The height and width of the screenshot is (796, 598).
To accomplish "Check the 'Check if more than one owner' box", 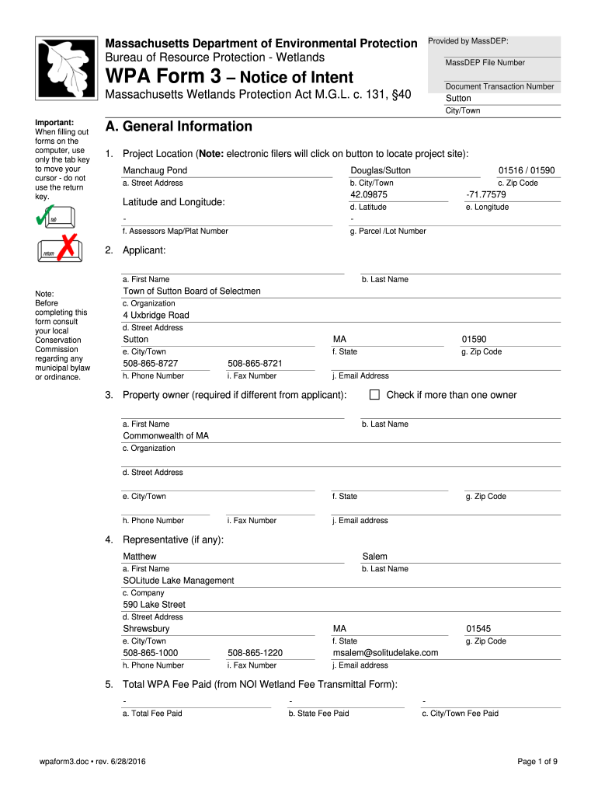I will point(374,395).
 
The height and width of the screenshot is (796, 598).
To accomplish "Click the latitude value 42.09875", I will point(369,194).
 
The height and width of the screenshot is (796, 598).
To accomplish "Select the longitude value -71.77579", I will point(486,194).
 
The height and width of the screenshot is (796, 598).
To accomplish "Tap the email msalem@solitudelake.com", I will point(385,653).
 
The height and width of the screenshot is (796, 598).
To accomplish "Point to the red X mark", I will point(67,246).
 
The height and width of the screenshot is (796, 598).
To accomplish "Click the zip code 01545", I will point(478,629).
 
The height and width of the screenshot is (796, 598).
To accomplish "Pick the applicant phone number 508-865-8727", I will point(151,363).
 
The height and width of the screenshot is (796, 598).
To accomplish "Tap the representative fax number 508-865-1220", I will point(255,653).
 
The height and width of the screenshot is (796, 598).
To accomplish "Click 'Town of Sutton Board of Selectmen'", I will point(192,291).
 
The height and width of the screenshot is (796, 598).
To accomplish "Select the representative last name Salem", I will point(375,557).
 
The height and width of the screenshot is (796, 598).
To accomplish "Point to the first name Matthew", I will point(140,557).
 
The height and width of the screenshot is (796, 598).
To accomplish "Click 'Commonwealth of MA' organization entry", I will point(166,436).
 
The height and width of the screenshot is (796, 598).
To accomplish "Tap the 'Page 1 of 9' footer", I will point(537,761).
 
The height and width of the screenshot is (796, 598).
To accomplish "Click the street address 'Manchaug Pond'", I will point(155,170).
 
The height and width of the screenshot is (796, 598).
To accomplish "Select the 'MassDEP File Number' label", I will point(485,62).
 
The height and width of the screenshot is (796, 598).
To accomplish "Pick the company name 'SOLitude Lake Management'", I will point(179,581).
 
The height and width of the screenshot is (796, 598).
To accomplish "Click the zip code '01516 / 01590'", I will point(527,170).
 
